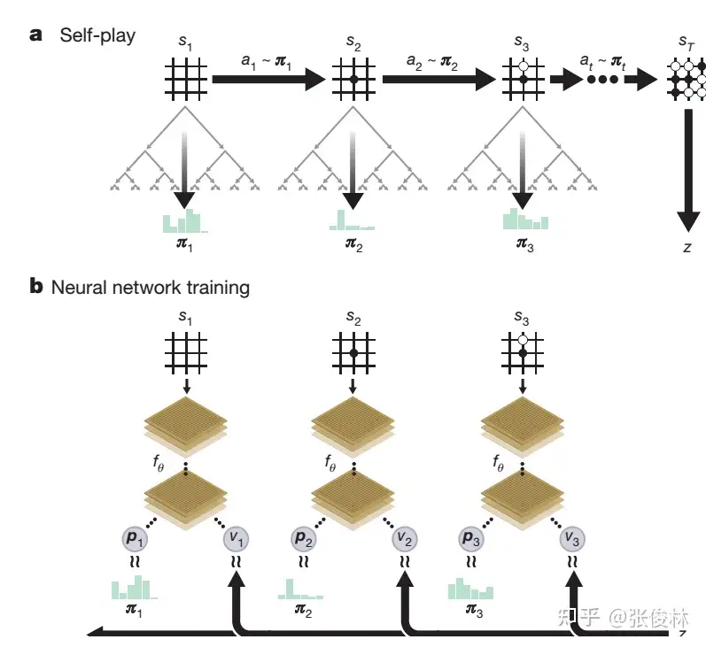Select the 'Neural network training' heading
click(x=150, y=288)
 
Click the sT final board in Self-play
click(x=688, y=79)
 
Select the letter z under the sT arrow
click(x=687, y=248)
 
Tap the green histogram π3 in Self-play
click(x=525, y=219)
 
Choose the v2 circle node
click(x=405, y=537)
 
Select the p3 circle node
click(x=471, y=537)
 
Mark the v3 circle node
click(x=573, y=537)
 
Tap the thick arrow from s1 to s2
click(x=269, y=79)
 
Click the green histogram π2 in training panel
click(x=300, y=589)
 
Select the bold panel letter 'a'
click(x=36, y=35)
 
